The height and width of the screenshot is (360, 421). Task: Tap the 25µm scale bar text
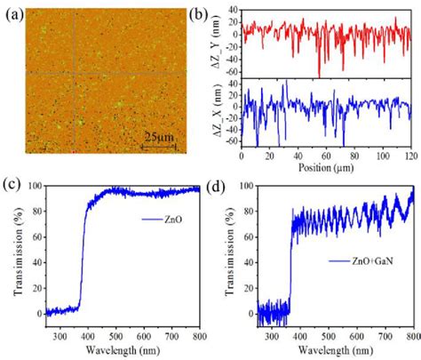tap(160, 137)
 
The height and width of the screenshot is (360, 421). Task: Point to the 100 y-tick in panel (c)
tap(33, 187)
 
